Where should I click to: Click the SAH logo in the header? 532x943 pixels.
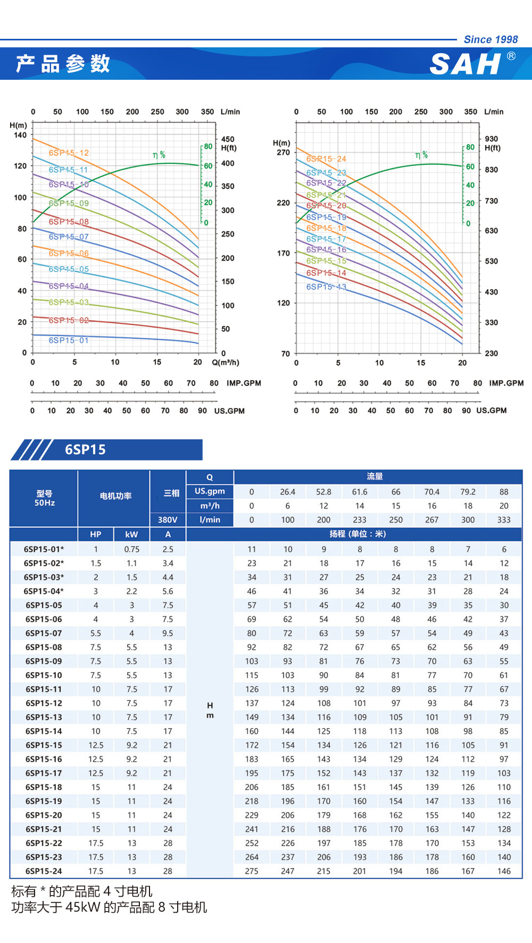tap(465, 64)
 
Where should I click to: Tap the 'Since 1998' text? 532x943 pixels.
tap(491, 39)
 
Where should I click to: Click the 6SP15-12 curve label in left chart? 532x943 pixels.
tap(69, 153)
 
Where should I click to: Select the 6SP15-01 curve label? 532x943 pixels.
tap(69, 340)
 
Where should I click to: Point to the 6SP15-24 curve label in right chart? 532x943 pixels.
tap(326, 159)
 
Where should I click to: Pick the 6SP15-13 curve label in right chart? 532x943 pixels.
tap(326, 287)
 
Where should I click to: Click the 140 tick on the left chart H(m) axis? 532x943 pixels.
tap(20, 135)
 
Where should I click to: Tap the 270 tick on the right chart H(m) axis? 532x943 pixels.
tap(284, 153)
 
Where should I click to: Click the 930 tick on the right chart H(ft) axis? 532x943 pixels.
tap(492, 139)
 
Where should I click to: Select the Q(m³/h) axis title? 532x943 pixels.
tap(226, 363)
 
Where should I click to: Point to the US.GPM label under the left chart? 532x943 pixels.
tap(229, 411)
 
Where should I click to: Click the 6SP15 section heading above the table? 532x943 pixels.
tap(85, 450)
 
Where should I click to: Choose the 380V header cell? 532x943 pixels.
tap(168, 520)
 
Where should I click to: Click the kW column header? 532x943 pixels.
tap(131, 535)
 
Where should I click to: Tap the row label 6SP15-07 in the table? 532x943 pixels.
tap(44, 633)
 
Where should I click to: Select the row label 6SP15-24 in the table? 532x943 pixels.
tap(44, 871)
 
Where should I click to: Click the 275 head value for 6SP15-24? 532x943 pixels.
tap(252, 871)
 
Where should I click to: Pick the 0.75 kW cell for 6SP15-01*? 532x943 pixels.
tap(131, 549)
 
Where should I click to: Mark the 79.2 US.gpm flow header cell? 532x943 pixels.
tap(468, 492)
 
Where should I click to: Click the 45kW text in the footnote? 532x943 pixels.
tap(82, 907)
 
